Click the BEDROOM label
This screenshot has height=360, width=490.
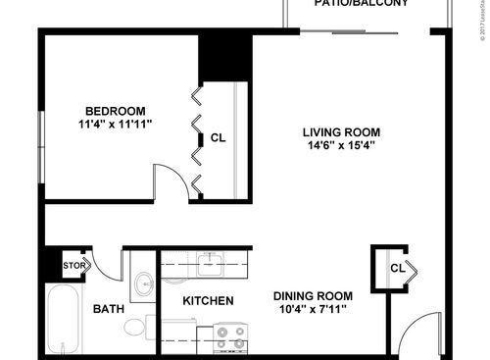tap(115, 110)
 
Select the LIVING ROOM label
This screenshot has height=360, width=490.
tap(340, 132)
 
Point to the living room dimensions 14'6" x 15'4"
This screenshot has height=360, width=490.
tap(340, 146)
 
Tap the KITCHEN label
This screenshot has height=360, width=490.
tap(207, 300)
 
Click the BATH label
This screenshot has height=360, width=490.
tap(108, 309)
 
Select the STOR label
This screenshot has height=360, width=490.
tap(73, 265)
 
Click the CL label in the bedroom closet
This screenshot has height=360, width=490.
tap(219, 138)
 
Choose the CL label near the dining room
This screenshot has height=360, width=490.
tap(397, 268)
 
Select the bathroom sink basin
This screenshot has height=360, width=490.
tap(144, 285)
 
